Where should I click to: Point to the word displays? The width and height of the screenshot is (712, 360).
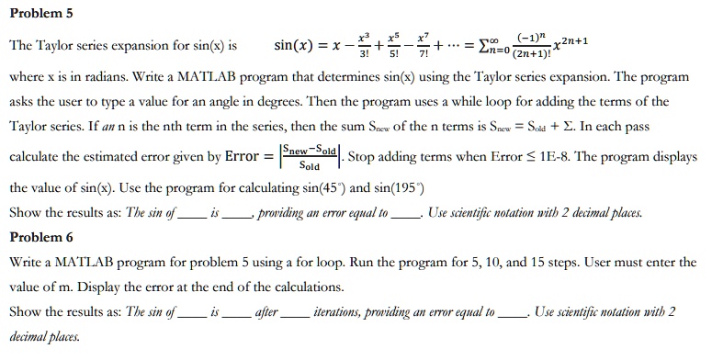pos(671,156)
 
